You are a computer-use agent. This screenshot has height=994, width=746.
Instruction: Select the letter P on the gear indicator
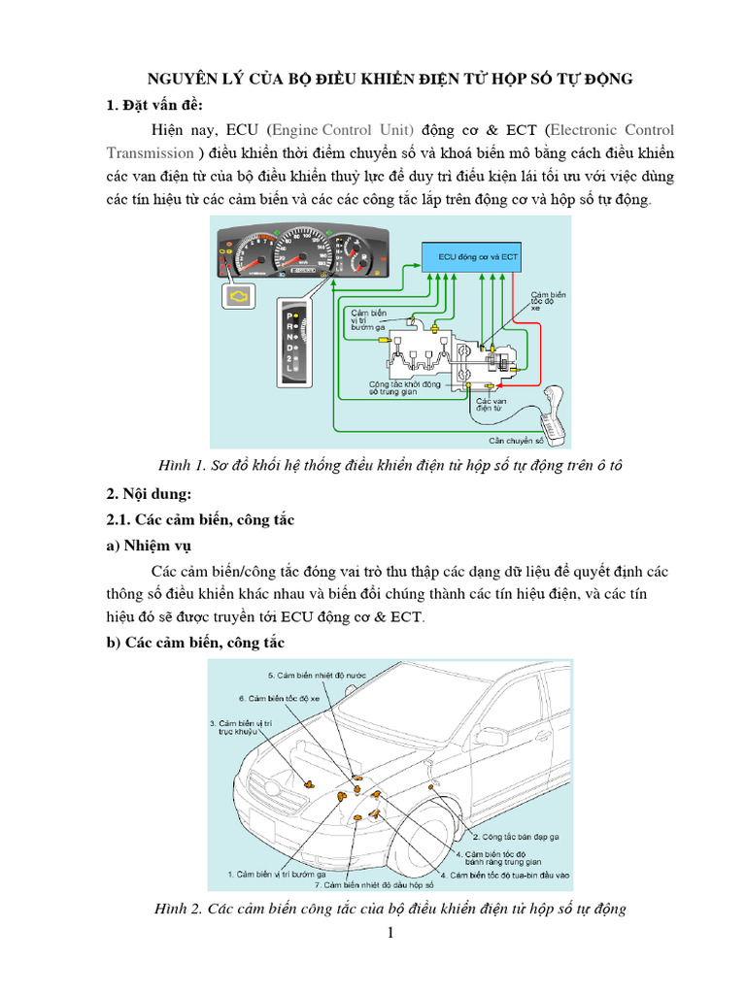[288, 316]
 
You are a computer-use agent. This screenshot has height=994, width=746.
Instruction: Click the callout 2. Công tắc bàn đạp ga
[515, 835]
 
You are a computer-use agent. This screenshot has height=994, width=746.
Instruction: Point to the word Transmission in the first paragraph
[150, 152]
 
